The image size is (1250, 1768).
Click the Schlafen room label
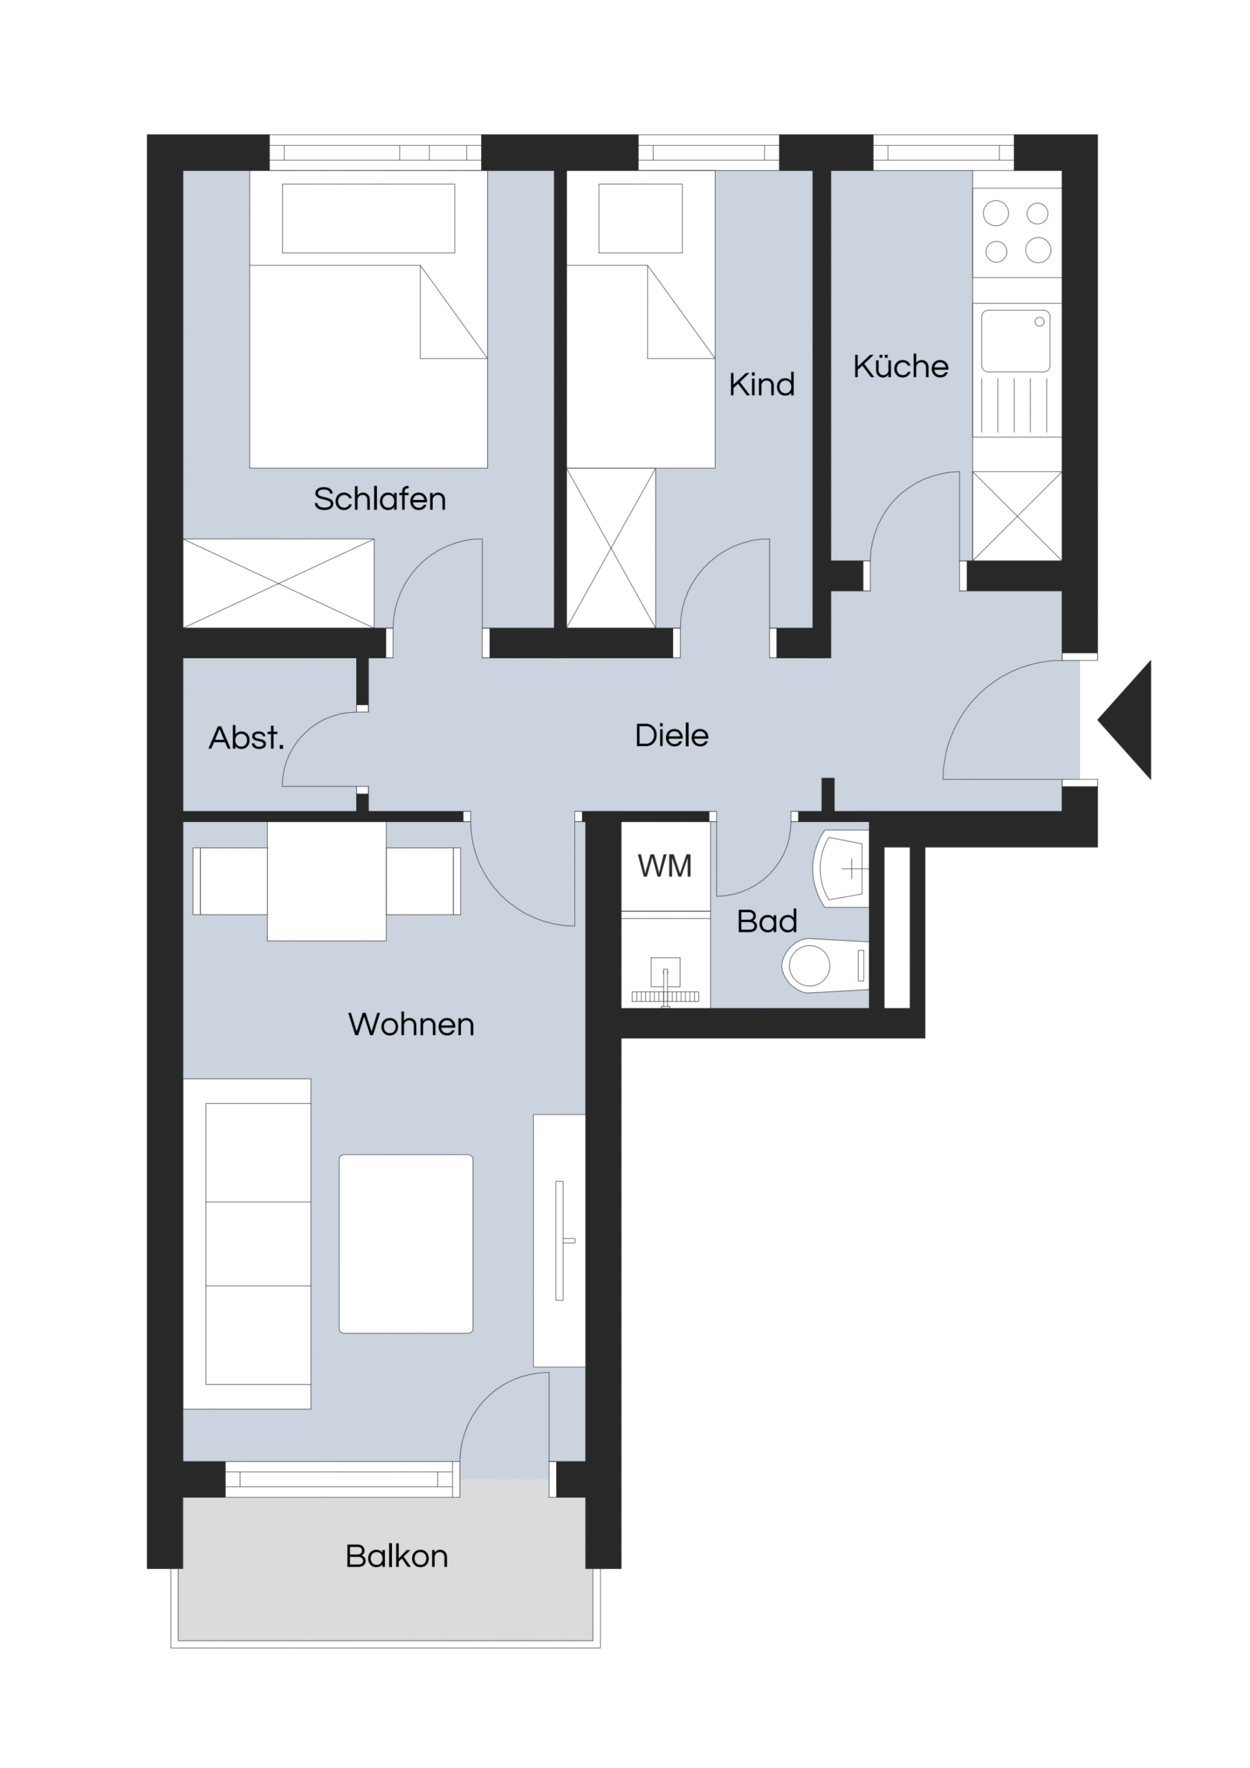pos(380,499)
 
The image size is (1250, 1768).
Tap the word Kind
pos(761,384)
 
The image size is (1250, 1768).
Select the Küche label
pos(901,366)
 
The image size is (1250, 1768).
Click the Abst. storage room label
pos(246,738)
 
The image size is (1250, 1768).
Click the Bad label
pos(767,921)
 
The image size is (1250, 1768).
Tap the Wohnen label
pos(411,1024)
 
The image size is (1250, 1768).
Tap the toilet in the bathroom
pos(824,965)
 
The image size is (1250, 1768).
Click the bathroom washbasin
pos(841,869)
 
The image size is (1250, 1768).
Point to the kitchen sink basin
pos(1016,341)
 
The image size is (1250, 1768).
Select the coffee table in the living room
pos(406,1244)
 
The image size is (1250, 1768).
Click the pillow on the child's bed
pos(641,218)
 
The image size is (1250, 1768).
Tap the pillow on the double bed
pos(369,218)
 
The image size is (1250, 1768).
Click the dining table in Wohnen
pos(326,881)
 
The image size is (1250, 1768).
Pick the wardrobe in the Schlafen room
pos(279,583)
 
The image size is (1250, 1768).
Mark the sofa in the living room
pos(247,1244)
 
